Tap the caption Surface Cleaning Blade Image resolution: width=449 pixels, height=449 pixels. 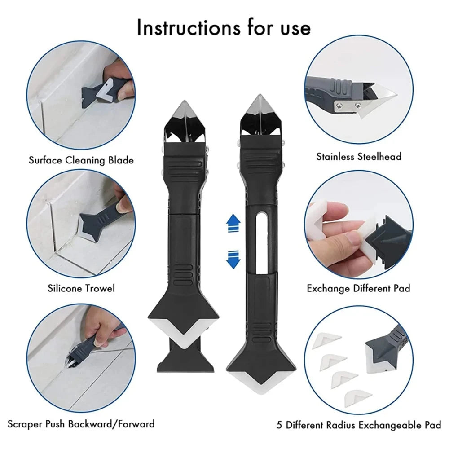click(x=81, y=160)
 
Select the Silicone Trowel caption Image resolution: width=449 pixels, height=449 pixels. click(x=81, y=288)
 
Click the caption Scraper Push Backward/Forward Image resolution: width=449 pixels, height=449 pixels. click(x=81, y=423)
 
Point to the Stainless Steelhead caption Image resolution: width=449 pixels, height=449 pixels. click(x=359, y=157)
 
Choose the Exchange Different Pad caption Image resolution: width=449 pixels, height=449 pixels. click(x=358, y=288)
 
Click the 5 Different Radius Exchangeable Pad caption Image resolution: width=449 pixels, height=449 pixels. click(x=359, y=425)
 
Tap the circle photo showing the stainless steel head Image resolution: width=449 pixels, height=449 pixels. click(x=359, y=95)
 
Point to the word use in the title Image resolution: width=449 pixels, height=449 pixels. click(x=292, y=28)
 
